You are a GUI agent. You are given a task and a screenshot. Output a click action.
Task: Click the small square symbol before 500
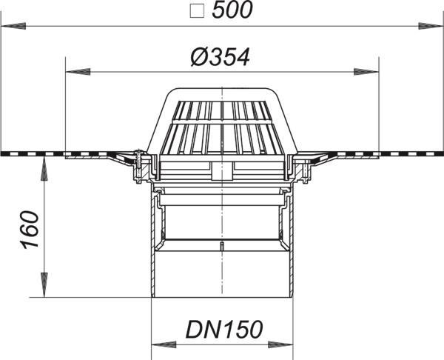point(197,12)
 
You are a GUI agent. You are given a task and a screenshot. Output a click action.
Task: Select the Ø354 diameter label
point(220,57)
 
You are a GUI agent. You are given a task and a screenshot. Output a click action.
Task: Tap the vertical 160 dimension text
point(30,230)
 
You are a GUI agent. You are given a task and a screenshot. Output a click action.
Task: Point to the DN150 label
point(224,330)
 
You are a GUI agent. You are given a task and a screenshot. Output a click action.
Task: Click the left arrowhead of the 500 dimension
point(13,27)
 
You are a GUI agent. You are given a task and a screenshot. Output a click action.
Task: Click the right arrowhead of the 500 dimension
point(431,26)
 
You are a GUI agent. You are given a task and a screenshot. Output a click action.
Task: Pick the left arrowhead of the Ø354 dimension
point(78,72)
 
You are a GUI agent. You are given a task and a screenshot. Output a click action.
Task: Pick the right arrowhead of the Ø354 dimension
point(366,72)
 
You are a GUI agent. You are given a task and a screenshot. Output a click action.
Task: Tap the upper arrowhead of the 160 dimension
point(44,169)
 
